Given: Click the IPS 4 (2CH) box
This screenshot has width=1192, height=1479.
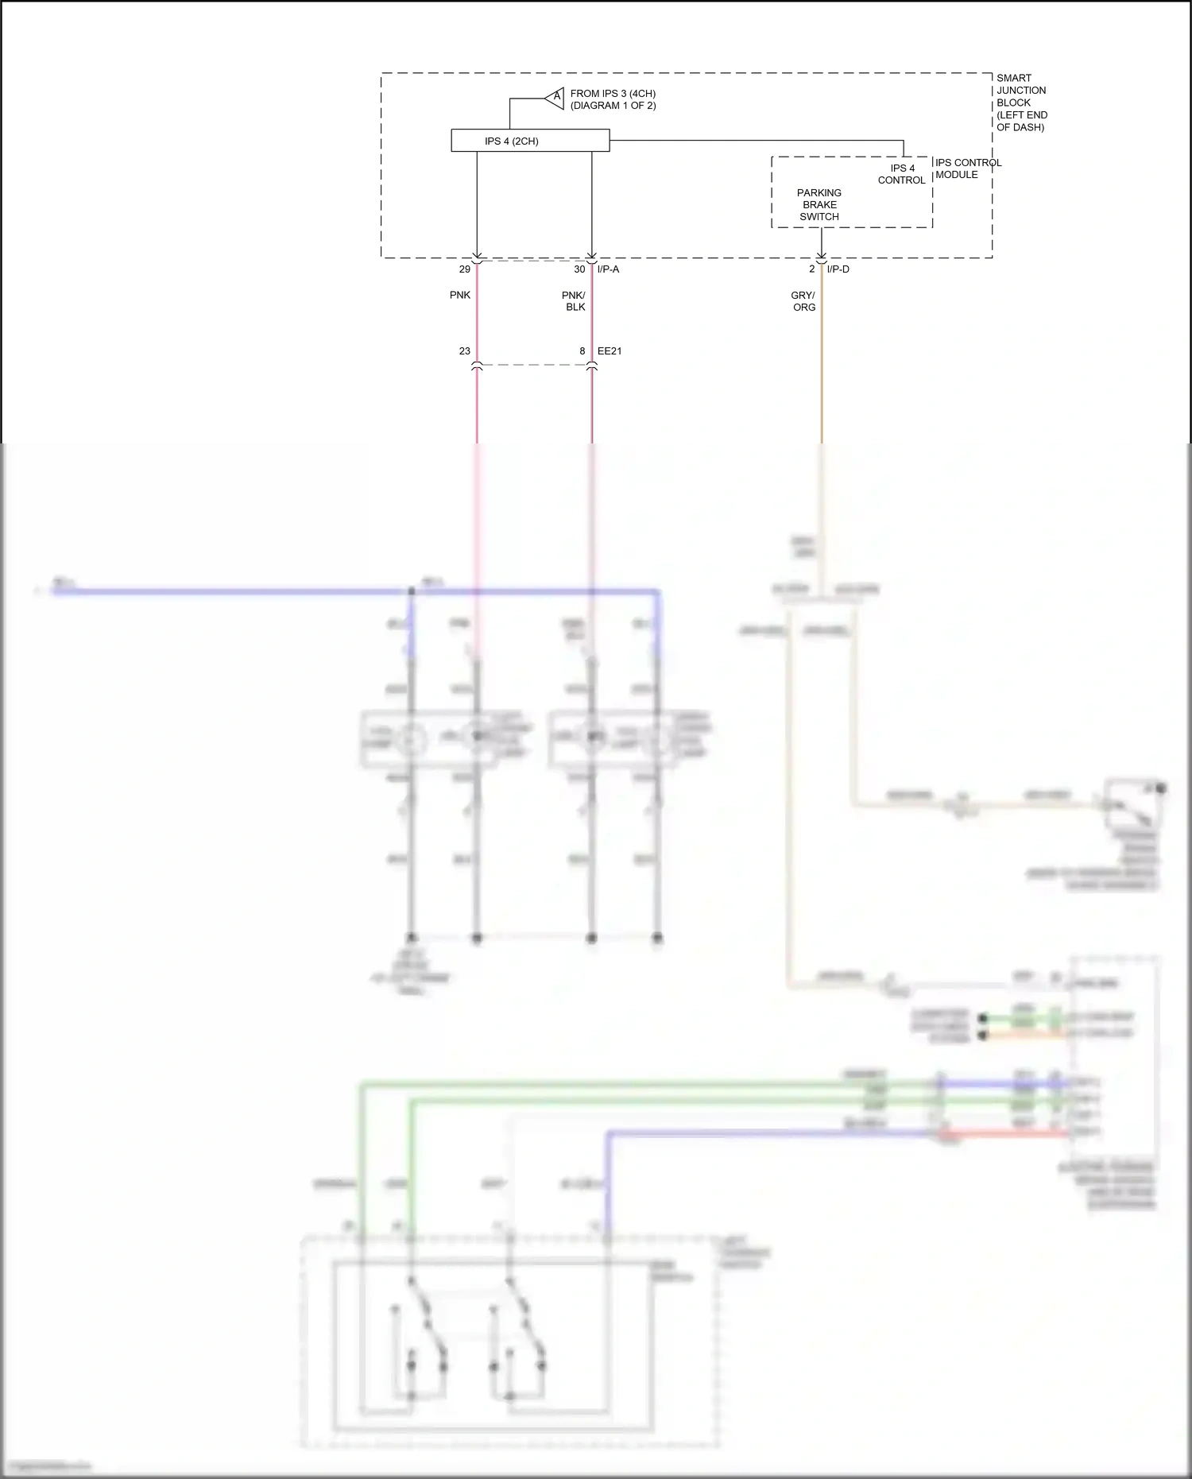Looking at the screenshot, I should (530, 141).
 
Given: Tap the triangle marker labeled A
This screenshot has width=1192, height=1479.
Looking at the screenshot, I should (555, 99).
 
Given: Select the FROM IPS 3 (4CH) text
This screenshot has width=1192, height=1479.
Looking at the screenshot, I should (613, 94).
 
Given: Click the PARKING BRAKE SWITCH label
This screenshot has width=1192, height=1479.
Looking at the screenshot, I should (819, 205).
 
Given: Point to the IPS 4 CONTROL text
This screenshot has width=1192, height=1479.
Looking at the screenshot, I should (901, 174).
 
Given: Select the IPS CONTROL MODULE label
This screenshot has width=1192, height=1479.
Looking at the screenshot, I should (967, 168).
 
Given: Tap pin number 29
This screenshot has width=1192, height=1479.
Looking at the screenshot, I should (465, 269).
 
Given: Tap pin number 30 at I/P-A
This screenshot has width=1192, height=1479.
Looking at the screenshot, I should (579, 269).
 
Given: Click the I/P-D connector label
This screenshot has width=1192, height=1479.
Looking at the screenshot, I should (838, 269).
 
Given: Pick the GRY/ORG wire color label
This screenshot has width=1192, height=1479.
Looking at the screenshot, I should (803, 301).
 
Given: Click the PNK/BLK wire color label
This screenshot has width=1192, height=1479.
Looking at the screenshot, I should (574, 301).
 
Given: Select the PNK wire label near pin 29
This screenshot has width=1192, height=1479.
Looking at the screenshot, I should (460, 295).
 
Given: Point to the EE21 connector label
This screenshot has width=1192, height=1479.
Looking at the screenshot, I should (610, 351).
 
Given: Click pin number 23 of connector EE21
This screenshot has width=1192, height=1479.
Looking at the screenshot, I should (465, 351).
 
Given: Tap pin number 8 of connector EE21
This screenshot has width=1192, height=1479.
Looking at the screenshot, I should (582, 351).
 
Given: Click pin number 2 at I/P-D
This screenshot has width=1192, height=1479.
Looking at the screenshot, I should (812, 269).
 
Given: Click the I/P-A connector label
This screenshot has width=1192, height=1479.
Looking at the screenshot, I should (608, 269).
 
